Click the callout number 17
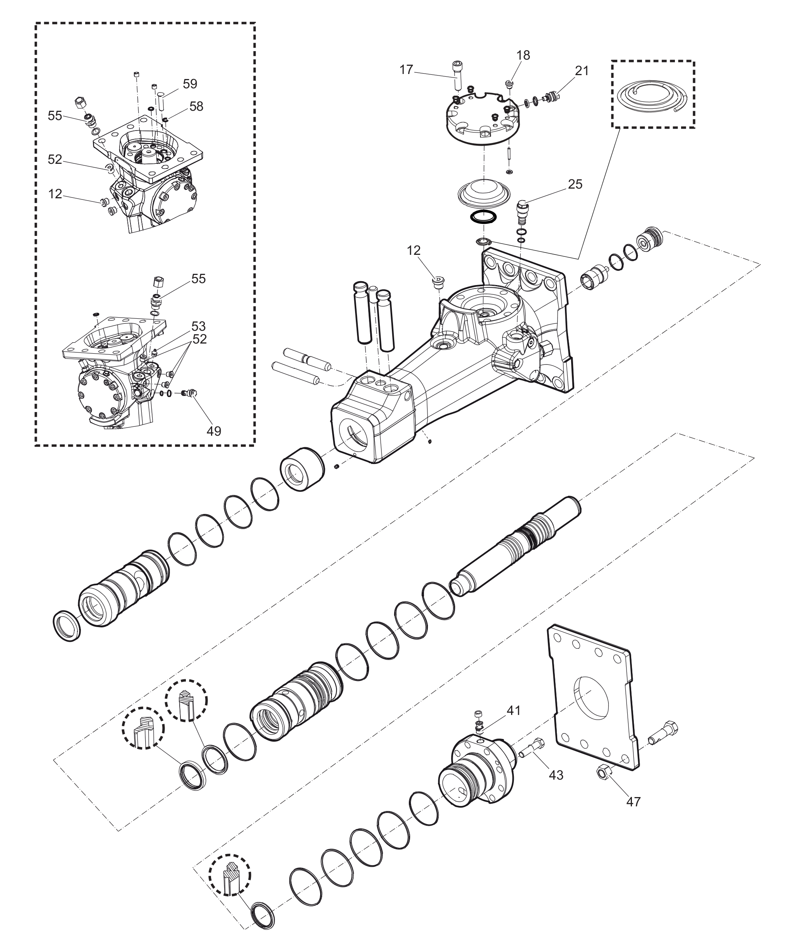406,70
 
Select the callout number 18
523,55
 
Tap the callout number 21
582,70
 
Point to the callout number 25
575,184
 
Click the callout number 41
513,710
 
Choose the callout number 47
633,801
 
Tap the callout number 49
214,431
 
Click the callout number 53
198,326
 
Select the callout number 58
196,106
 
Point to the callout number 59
190,84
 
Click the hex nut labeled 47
602,772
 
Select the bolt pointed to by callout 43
532,748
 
